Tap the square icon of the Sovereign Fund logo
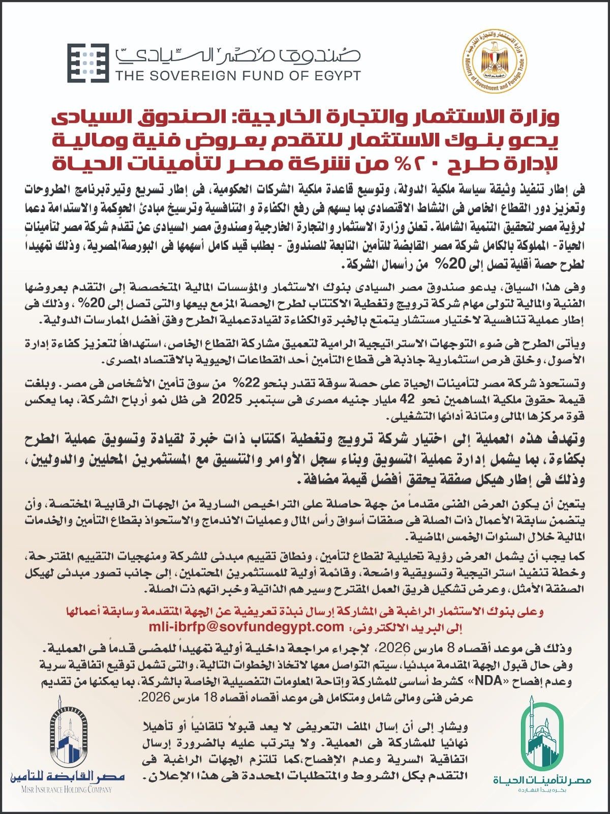pos(88,63)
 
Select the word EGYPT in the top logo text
pos(335,76)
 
